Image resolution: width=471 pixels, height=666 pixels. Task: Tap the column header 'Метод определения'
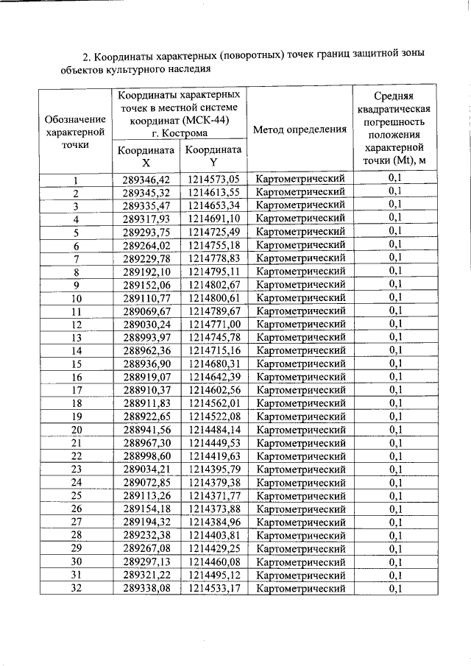(x=300, y=130)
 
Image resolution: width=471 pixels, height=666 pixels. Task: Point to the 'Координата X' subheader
(x=146, y=157)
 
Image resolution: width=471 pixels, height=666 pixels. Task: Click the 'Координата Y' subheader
(x=213, y=157)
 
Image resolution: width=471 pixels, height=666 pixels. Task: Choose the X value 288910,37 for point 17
(x=146, y=390)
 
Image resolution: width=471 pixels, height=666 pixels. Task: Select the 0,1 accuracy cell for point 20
(x=395, y=430)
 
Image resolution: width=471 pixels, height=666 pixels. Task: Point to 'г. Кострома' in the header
(x=180, y=134)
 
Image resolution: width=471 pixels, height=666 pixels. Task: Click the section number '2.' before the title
(x=86, y=56)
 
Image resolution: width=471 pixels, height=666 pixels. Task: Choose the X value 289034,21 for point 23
(x=146, y=470)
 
